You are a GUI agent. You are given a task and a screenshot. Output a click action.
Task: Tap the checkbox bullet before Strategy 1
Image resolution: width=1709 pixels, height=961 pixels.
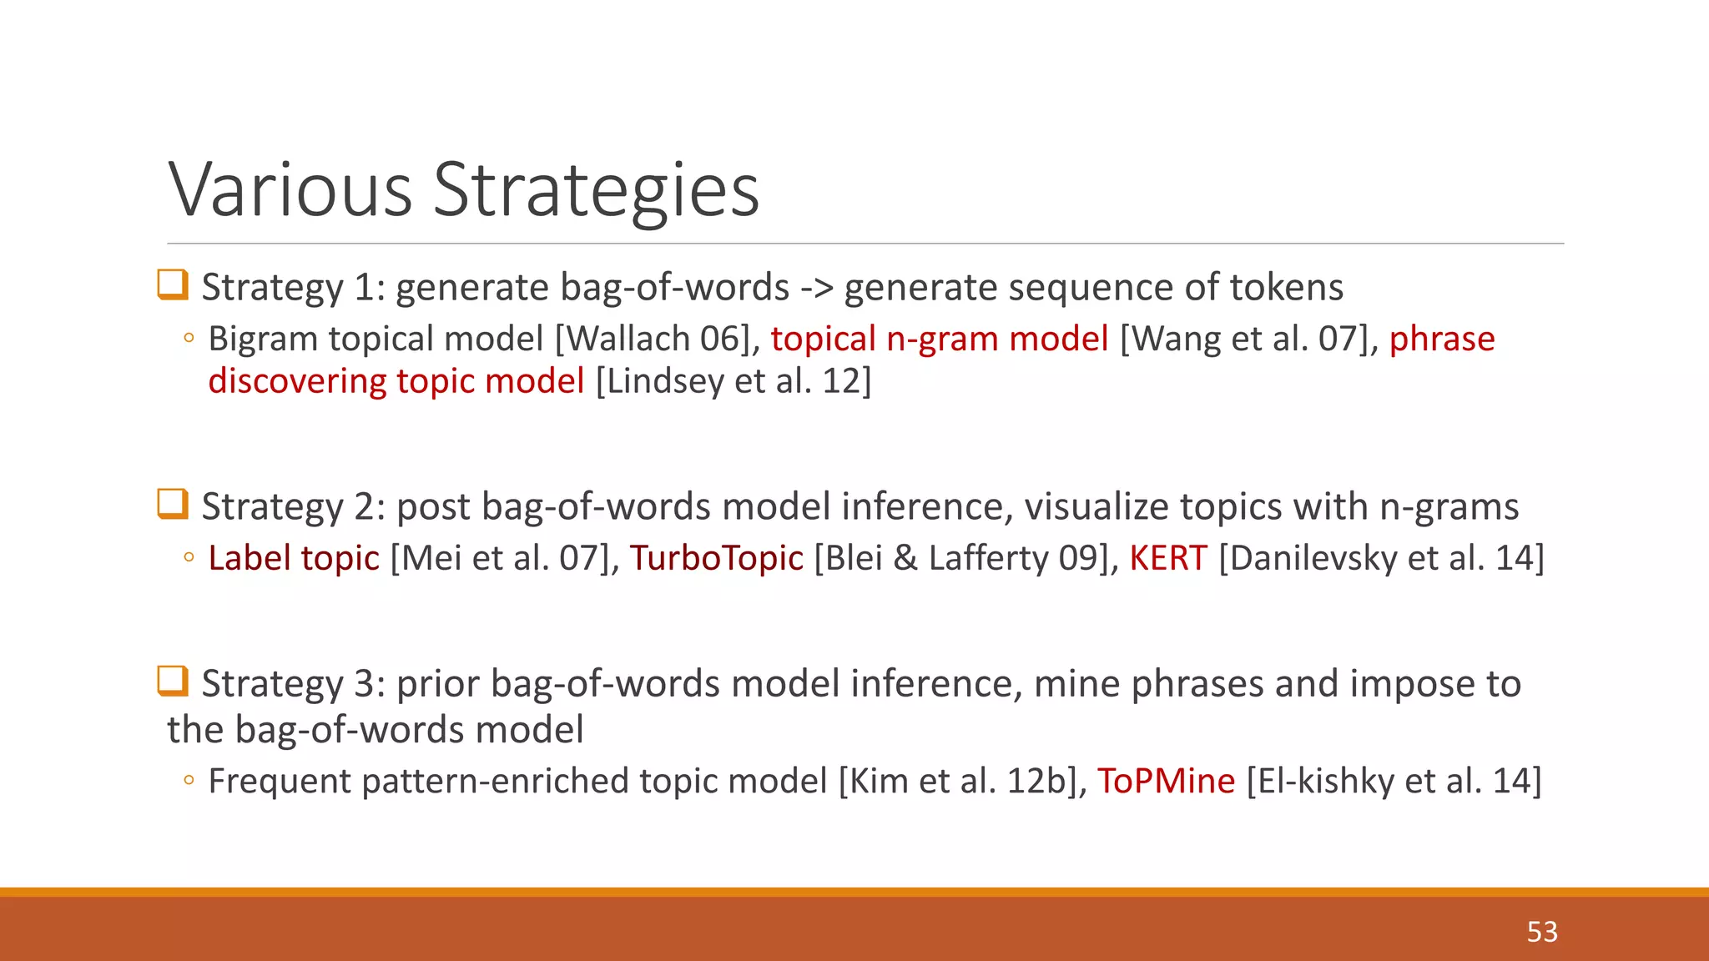click(173, 284)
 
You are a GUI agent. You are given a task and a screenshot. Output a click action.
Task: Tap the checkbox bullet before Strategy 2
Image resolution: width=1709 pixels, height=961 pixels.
click(173, 504)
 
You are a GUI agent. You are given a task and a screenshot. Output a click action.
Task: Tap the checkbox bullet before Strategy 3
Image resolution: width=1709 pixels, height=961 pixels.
click(173, 681)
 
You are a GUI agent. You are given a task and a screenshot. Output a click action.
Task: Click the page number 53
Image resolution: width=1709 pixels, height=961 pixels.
click(1541, 932)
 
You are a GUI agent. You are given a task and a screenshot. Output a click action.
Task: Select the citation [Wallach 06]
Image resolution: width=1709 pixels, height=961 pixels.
click(655, 339)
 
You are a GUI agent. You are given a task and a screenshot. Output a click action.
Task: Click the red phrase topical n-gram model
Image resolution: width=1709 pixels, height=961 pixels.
click(939, 339)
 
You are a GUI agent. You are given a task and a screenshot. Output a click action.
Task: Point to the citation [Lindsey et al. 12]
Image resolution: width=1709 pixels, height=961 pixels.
click(734, 381)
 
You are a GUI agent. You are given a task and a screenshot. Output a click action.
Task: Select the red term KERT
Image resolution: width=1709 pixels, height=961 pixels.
click(1167, 558)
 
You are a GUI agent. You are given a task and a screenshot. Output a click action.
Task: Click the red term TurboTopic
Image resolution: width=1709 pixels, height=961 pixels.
click(716, 558)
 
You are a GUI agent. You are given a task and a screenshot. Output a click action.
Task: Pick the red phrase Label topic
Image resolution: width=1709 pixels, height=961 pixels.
click(294, 558)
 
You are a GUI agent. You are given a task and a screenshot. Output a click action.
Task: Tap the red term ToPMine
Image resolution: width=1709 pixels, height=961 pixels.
click(1165, 781)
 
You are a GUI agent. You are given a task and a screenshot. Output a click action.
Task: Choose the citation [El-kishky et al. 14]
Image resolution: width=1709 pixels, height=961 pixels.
click(1394, 781)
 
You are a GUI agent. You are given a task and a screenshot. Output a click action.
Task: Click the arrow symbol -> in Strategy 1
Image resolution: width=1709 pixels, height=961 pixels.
click(816, 288)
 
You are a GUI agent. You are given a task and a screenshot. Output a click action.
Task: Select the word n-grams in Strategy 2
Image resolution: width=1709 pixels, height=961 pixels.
click(1449, 507)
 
